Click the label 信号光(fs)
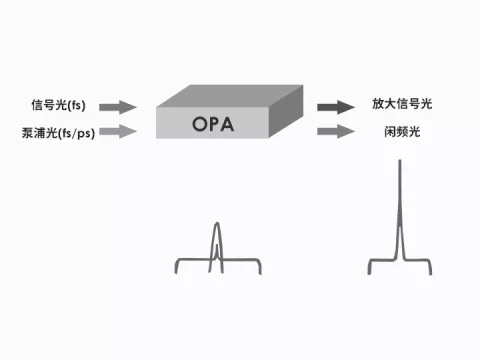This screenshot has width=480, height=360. [58, 105]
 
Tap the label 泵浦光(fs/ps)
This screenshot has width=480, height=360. [58, 133]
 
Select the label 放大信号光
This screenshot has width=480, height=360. [402, 104]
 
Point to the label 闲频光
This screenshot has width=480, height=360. [402, 132]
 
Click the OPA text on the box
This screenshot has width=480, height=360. [213, 124]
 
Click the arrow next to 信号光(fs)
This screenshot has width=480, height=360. [118, 107]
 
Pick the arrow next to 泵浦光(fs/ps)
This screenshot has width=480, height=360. [118, 131]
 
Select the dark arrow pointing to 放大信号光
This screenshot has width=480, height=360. [336, 107]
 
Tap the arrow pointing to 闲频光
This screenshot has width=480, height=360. [336, 131]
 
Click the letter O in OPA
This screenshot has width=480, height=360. [200, 124]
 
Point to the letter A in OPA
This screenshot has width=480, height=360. [227, 124]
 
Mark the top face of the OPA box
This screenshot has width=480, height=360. [230, 96]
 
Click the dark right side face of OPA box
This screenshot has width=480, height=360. [286, 111]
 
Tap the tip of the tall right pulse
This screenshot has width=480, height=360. [400, 161]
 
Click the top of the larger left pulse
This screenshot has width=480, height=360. [217, 223]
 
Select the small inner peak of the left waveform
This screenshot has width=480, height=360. [217, 245]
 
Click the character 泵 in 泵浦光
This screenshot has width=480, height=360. [28, 133]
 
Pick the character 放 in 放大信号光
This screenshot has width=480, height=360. [378, 104]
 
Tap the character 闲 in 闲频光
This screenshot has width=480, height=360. [390, 132]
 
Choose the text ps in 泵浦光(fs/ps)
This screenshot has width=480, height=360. [84, 134]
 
